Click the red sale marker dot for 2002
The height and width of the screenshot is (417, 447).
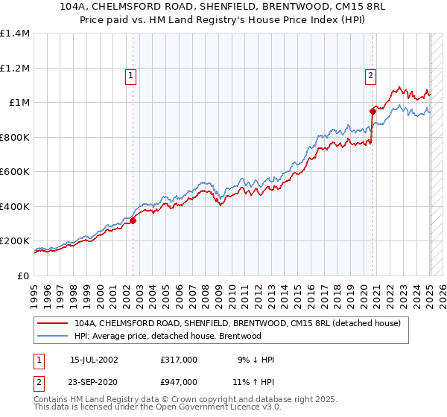click(x=133, y=220)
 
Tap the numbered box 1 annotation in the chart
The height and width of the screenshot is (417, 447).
click(x=130, y=74)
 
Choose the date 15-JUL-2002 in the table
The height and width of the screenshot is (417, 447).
click(x=94, y=360)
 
